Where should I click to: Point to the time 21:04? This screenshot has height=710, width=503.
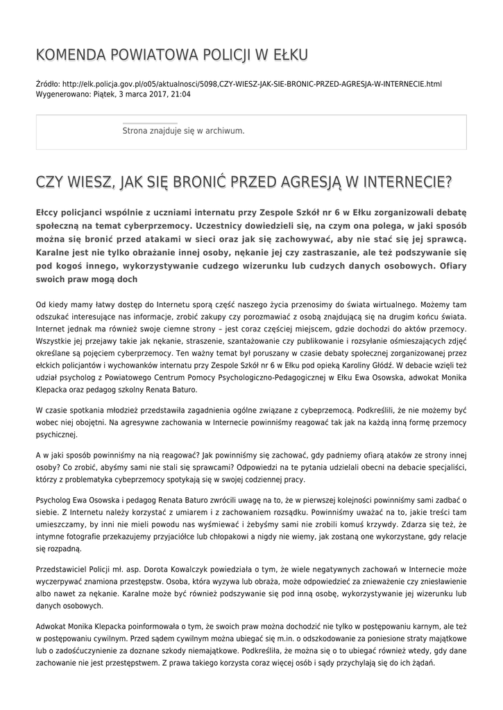pyautogui.click(x=181, y=94)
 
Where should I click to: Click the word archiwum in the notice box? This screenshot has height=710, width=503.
pyautogui.click(x=223, y=130)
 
